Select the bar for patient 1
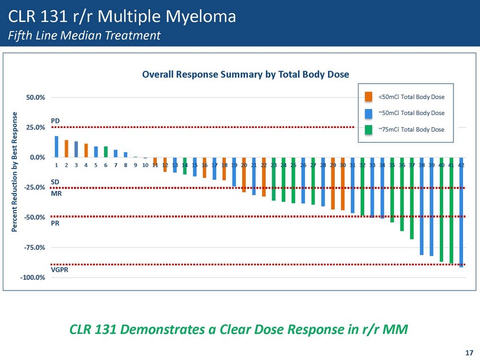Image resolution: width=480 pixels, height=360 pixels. pyautogui.click(x=56, y=146)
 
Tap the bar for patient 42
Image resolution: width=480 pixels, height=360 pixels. pyautogui.click(x=461, y=212)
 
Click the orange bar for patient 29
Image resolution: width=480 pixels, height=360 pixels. pyautogui.click(x=333, y=183)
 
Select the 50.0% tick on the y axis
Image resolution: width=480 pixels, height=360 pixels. pyautogui.click(x=36, y=98)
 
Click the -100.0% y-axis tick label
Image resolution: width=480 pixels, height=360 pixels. pyautogui.click(x=34, y=278)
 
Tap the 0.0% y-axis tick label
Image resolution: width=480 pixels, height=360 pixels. pyautogui.click(x=37, y=157)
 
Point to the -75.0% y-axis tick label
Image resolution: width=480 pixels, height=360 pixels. pyautogui.click(x=35, y=248)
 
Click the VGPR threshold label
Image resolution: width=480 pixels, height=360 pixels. pyautogui.click(x=60, y=271)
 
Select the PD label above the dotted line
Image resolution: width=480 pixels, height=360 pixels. pyautogui.click(x=55, y=121)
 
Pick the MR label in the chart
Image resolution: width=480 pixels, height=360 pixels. pyautogui.click(x=56, y=194)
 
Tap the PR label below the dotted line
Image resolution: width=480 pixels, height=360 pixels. pyautogui.click(x=55, y=223)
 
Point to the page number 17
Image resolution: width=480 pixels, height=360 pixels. pyautogui.click(x=469, y=353)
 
